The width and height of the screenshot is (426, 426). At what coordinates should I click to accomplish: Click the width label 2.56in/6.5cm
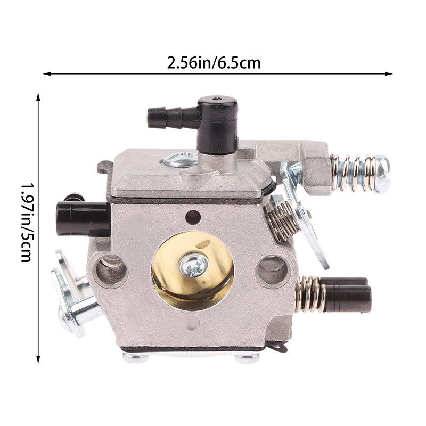tap(214, 63)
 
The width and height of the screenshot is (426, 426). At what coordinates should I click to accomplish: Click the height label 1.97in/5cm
tap(28, 223)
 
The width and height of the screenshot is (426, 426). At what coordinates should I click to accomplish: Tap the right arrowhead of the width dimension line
tap(389, 73)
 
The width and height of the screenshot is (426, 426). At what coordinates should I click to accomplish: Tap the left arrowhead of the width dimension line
tap(47, 73)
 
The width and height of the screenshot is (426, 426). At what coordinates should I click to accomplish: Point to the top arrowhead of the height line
tap(38, 97)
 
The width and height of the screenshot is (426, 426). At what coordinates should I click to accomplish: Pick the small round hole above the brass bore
tap(193, 217)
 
